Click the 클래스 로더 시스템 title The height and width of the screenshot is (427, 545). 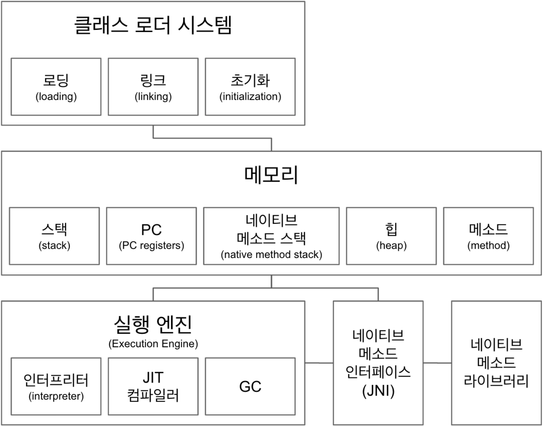click(x=153, y=25)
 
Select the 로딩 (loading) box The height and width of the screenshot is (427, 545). click(x=56, y=87)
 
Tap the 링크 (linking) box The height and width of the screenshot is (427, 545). click(x=153, y=87)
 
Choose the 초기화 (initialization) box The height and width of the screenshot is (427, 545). click(x=250, y=87)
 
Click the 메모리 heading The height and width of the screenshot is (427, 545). click(x=271, y=175)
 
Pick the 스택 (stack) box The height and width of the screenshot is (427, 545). click(x=54, y=236)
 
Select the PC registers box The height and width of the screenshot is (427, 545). click(x=151, y=236)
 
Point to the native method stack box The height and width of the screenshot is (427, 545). click(x=271, y=236)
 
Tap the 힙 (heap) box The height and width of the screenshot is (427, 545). click(x=391, y=236)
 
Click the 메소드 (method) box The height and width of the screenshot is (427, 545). click(x=488, y=236)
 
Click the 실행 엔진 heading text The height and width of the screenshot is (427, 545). click(x=153, y=324)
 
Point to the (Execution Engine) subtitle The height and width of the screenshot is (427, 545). click(x=153, y=343)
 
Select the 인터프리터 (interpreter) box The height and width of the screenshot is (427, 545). click(x=56, y=386)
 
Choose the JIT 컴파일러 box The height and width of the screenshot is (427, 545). click(x=153, y=386)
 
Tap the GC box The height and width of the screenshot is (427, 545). click(x=250, y=386)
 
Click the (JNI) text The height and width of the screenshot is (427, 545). click(x=378, y=391)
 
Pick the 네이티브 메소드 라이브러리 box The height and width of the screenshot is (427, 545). click(x=496, y=362)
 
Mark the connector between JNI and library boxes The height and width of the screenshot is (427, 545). click(x=437, y=363)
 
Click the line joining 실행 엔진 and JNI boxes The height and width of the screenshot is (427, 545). click(x=319, y=363)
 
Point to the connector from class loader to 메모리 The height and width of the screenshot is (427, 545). click(x=212, y=138)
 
